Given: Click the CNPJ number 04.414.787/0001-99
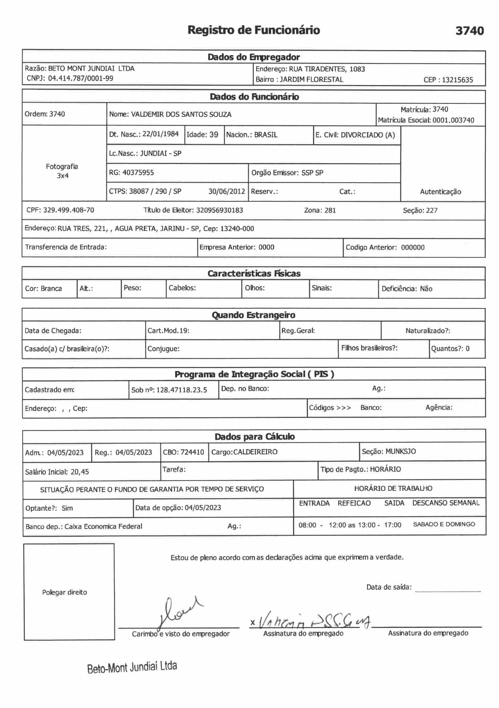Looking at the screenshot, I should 80,78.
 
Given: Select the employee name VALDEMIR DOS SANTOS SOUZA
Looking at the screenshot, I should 181,114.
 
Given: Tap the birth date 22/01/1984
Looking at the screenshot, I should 160,134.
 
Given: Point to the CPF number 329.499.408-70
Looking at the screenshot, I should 69,210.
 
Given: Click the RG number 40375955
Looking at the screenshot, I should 138,172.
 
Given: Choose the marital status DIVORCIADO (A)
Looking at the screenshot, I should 368,135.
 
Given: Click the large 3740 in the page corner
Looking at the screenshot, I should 469,31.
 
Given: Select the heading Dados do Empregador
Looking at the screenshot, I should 254,57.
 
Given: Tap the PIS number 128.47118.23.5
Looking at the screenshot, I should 182,390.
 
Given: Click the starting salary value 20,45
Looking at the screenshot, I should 80,472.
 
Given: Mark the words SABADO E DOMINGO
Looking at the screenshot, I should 444,524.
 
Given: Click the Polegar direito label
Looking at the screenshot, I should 65,592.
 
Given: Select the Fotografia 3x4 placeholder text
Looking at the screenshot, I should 62,171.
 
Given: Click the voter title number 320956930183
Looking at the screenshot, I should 220,210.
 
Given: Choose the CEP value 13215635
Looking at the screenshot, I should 457,80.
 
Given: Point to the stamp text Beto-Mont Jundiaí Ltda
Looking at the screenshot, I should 132,667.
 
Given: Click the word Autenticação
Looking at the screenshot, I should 440,192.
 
